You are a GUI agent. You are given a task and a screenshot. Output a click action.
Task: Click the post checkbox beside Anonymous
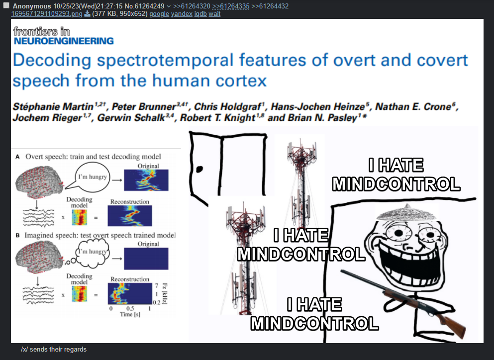tap(6, 5)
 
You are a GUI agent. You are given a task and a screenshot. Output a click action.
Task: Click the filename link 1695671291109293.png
tap(47, 14)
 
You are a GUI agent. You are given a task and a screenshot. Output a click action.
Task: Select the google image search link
tap(159, 14)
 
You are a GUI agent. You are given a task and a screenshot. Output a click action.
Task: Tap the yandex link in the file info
tap(182, 14)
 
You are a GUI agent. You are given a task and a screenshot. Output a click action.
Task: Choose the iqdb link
tap(200, 14)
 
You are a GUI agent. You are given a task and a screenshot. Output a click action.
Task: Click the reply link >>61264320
tap(192, 6)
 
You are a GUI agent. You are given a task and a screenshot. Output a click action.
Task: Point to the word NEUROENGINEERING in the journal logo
tap(64, 41)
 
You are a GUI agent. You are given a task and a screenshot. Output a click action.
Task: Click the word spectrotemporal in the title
tap(165, 60)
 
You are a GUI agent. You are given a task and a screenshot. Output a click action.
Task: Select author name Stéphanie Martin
tap(53, 107)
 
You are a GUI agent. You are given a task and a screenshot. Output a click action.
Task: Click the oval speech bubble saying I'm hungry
tap(93, 177)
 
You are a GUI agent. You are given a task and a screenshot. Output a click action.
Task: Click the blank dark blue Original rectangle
tap(146, 259)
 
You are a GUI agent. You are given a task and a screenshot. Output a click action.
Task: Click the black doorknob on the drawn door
tap(199, 170)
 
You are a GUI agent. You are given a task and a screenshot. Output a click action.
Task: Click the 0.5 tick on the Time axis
tap(130, 308)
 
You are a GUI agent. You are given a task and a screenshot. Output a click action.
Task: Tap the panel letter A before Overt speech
tap(17, 157)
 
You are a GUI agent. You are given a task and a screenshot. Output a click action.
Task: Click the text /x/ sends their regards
tap(54, 349)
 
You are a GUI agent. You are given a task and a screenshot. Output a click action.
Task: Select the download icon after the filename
tap(87, 14)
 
